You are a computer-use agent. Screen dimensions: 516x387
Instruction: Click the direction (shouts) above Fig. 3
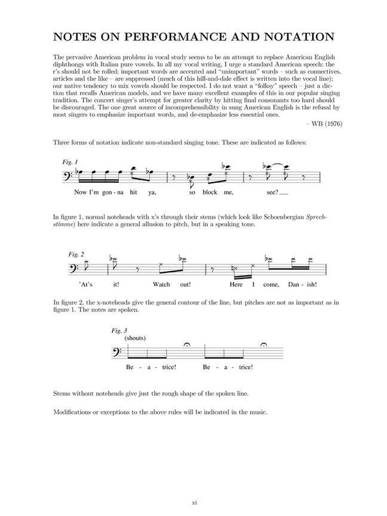pos(135,338)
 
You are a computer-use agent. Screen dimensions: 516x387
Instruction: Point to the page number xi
pos(193,502)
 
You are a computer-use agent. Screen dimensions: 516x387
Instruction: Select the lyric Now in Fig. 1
pos(80,193)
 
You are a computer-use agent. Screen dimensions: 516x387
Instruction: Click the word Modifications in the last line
pos(76,413)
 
